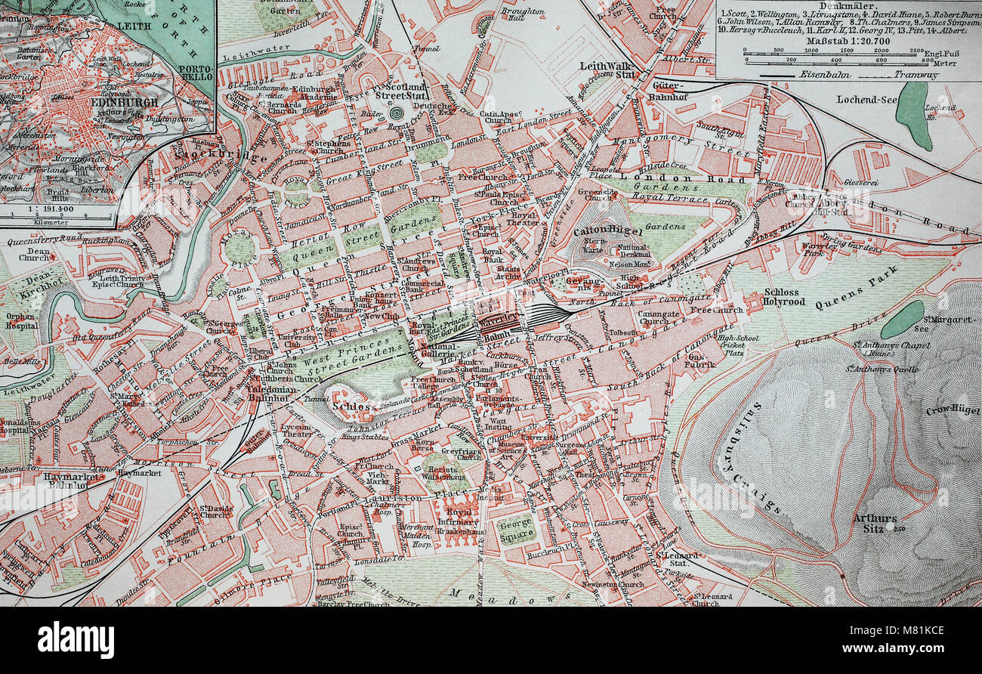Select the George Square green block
[517, 528]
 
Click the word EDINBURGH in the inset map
[122, 102]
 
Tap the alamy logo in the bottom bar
[76, 639]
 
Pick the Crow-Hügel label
[953, 410]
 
